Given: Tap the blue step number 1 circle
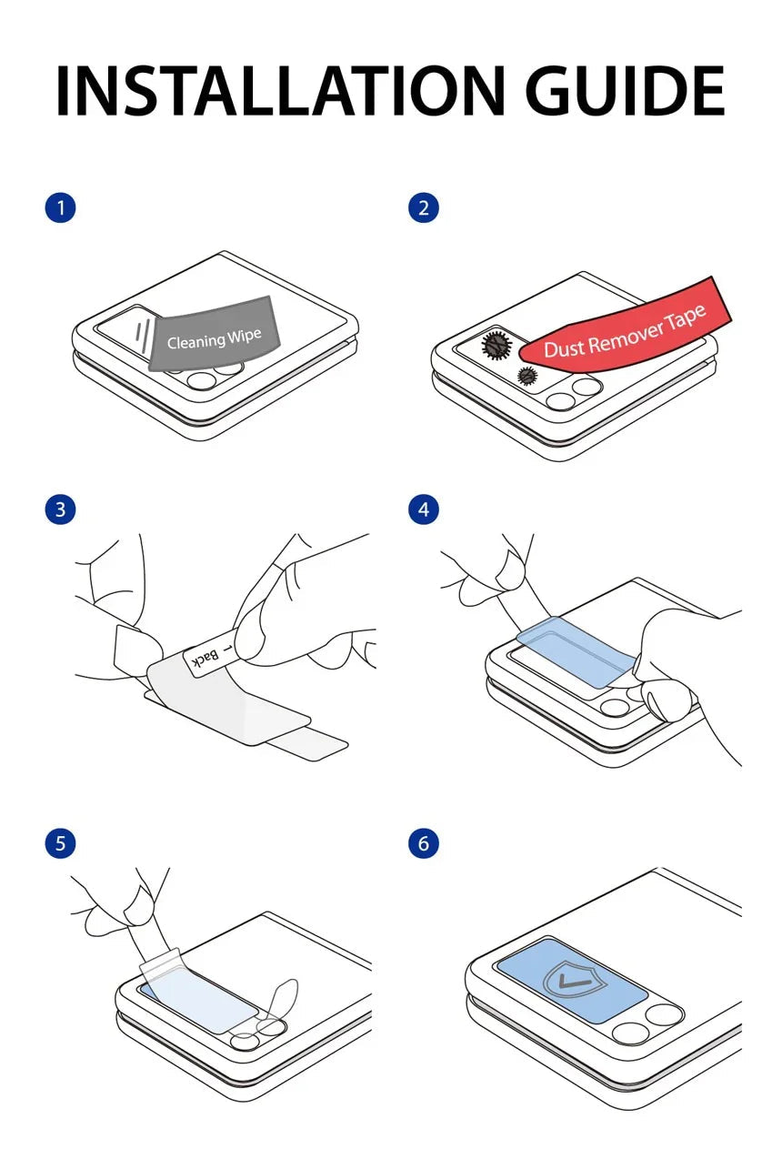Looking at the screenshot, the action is tap(61, 208).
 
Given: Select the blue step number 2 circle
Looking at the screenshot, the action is tap(424, 208).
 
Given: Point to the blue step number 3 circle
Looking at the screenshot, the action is tap(61, 509).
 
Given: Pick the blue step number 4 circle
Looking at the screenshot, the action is tap(424, 509).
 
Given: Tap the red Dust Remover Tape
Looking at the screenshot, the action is tap(624, 328).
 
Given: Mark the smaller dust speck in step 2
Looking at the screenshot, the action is tap(527, 375).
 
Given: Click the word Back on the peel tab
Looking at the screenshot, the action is tap(206, 660).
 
